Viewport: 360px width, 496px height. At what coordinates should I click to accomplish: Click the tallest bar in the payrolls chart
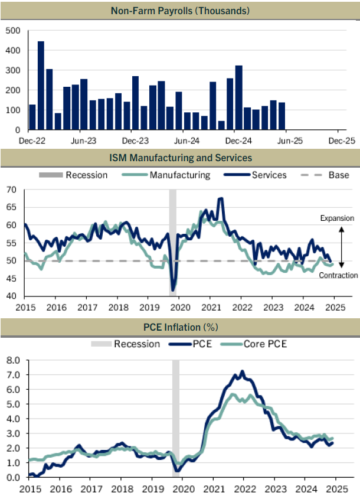click(41, 86)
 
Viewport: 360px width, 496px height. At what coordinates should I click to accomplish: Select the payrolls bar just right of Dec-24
click(239, 97)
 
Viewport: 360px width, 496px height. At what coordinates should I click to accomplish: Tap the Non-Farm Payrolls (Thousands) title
click(180, 11)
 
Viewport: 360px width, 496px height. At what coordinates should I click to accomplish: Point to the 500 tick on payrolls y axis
click(13, 31)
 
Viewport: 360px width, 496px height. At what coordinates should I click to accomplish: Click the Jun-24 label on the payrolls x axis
click(187, 141)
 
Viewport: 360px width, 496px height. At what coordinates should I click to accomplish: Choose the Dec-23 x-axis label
click(135, 141)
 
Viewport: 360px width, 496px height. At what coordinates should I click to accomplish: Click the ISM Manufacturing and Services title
click(181, 158)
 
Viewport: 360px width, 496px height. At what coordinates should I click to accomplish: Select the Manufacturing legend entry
click(166, 175)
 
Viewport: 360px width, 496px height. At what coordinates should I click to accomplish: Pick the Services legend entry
click(255, 175)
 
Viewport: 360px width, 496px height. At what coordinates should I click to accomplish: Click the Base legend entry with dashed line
click(325, 175)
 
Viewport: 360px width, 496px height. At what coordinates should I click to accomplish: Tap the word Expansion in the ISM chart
click(337, 218)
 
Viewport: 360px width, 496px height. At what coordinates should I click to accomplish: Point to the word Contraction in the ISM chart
click(338, 275)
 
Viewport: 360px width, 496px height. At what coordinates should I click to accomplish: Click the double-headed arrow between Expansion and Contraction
click(341, 247)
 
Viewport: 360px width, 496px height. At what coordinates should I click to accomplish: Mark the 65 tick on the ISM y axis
click(11, 207)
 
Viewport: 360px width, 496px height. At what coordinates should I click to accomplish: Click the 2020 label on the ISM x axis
click(180, 307)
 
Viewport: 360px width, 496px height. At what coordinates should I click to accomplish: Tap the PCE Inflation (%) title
click(181, 327)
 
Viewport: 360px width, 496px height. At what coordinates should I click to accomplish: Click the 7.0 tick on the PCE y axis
click(13, 375)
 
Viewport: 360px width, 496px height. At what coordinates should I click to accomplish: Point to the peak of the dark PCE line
click(243, 371)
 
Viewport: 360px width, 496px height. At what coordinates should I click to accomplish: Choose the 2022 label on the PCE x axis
click(244, 489)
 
